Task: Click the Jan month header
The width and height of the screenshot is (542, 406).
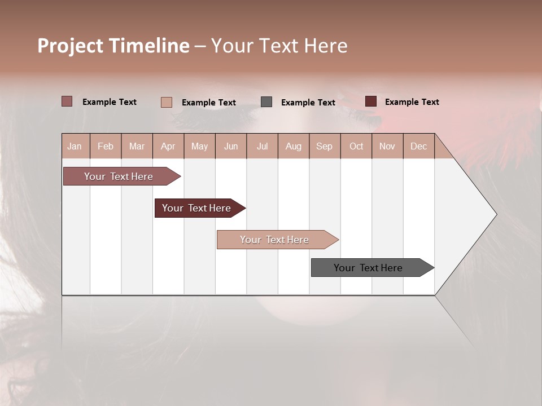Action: tap(75, 146)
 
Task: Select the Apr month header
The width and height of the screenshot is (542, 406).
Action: tap(168, 146)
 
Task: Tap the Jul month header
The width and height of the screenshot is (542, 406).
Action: tap(262, 146)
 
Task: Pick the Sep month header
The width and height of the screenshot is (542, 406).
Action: tap(324, 146)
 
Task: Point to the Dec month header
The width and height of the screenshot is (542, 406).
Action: tap(418, 146)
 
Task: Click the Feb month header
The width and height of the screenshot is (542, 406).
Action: tap(106, 146)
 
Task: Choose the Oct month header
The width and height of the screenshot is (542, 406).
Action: tap(356, 146)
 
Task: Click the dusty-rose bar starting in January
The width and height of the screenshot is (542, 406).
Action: tap(119, 176)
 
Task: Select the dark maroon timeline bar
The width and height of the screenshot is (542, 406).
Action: tap(197, 208)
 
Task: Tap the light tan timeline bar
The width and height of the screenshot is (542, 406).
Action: tap(275, 240)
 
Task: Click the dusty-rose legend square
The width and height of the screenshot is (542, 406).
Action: tap(67, 101)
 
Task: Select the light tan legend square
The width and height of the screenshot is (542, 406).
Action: tap(166, 102)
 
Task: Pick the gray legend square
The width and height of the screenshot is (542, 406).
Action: tap(266, 102)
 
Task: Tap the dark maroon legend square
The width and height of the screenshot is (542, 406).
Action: tap(371, 101)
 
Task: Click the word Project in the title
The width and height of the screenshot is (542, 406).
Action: tap(70, 46)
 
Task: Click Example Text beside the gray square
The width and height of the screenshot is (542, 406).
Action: tap(308, 103)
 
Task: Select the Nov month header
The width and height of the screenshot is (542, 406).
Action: tap(387, 146)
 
